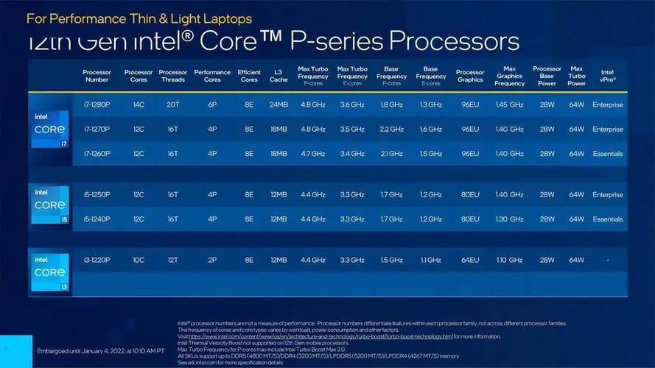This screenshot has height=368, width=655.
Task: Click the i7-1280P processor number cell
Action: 97,105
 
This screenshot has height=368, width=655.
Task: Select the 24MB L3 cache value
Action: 279,105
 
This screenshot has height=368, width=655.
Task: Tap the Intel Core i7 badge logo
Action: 49,129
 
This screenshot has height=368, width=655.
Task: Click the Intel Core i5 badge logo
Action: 49,206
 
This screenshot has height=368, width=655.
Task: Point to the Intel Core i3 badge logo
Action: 49,272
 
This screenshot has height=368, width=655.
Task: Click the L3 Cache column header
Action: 279,75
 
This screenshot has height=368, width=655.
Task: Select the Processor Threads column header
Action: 172,75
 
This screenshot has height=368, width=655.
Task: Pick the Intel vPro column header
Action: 608,75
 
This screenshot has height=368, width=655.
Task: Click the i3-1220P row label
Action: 97,260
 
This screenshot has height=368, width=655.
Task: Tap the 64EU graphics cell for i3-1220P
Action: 470,260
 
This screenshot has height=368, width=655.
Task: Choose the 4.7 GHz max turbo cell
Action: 313,154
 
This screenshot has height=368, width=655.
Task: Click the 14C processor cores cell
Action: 139,105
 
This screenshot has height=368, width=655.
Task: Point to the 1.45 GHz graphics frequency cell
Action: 510,105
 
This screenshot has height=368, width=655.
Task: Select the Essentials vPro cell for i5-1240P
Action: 608,219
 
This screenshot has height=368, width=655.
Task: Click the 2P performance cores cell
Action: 212,260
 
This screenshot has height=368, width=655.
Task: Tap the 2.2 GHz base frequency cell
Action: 391,129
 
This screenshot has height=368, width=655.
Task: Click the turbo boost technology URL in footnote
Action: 320,336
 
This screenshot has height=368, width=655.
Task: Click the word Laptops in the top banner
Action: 225,18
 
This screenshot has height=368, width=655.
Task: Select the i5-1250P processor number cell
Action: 97,194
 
